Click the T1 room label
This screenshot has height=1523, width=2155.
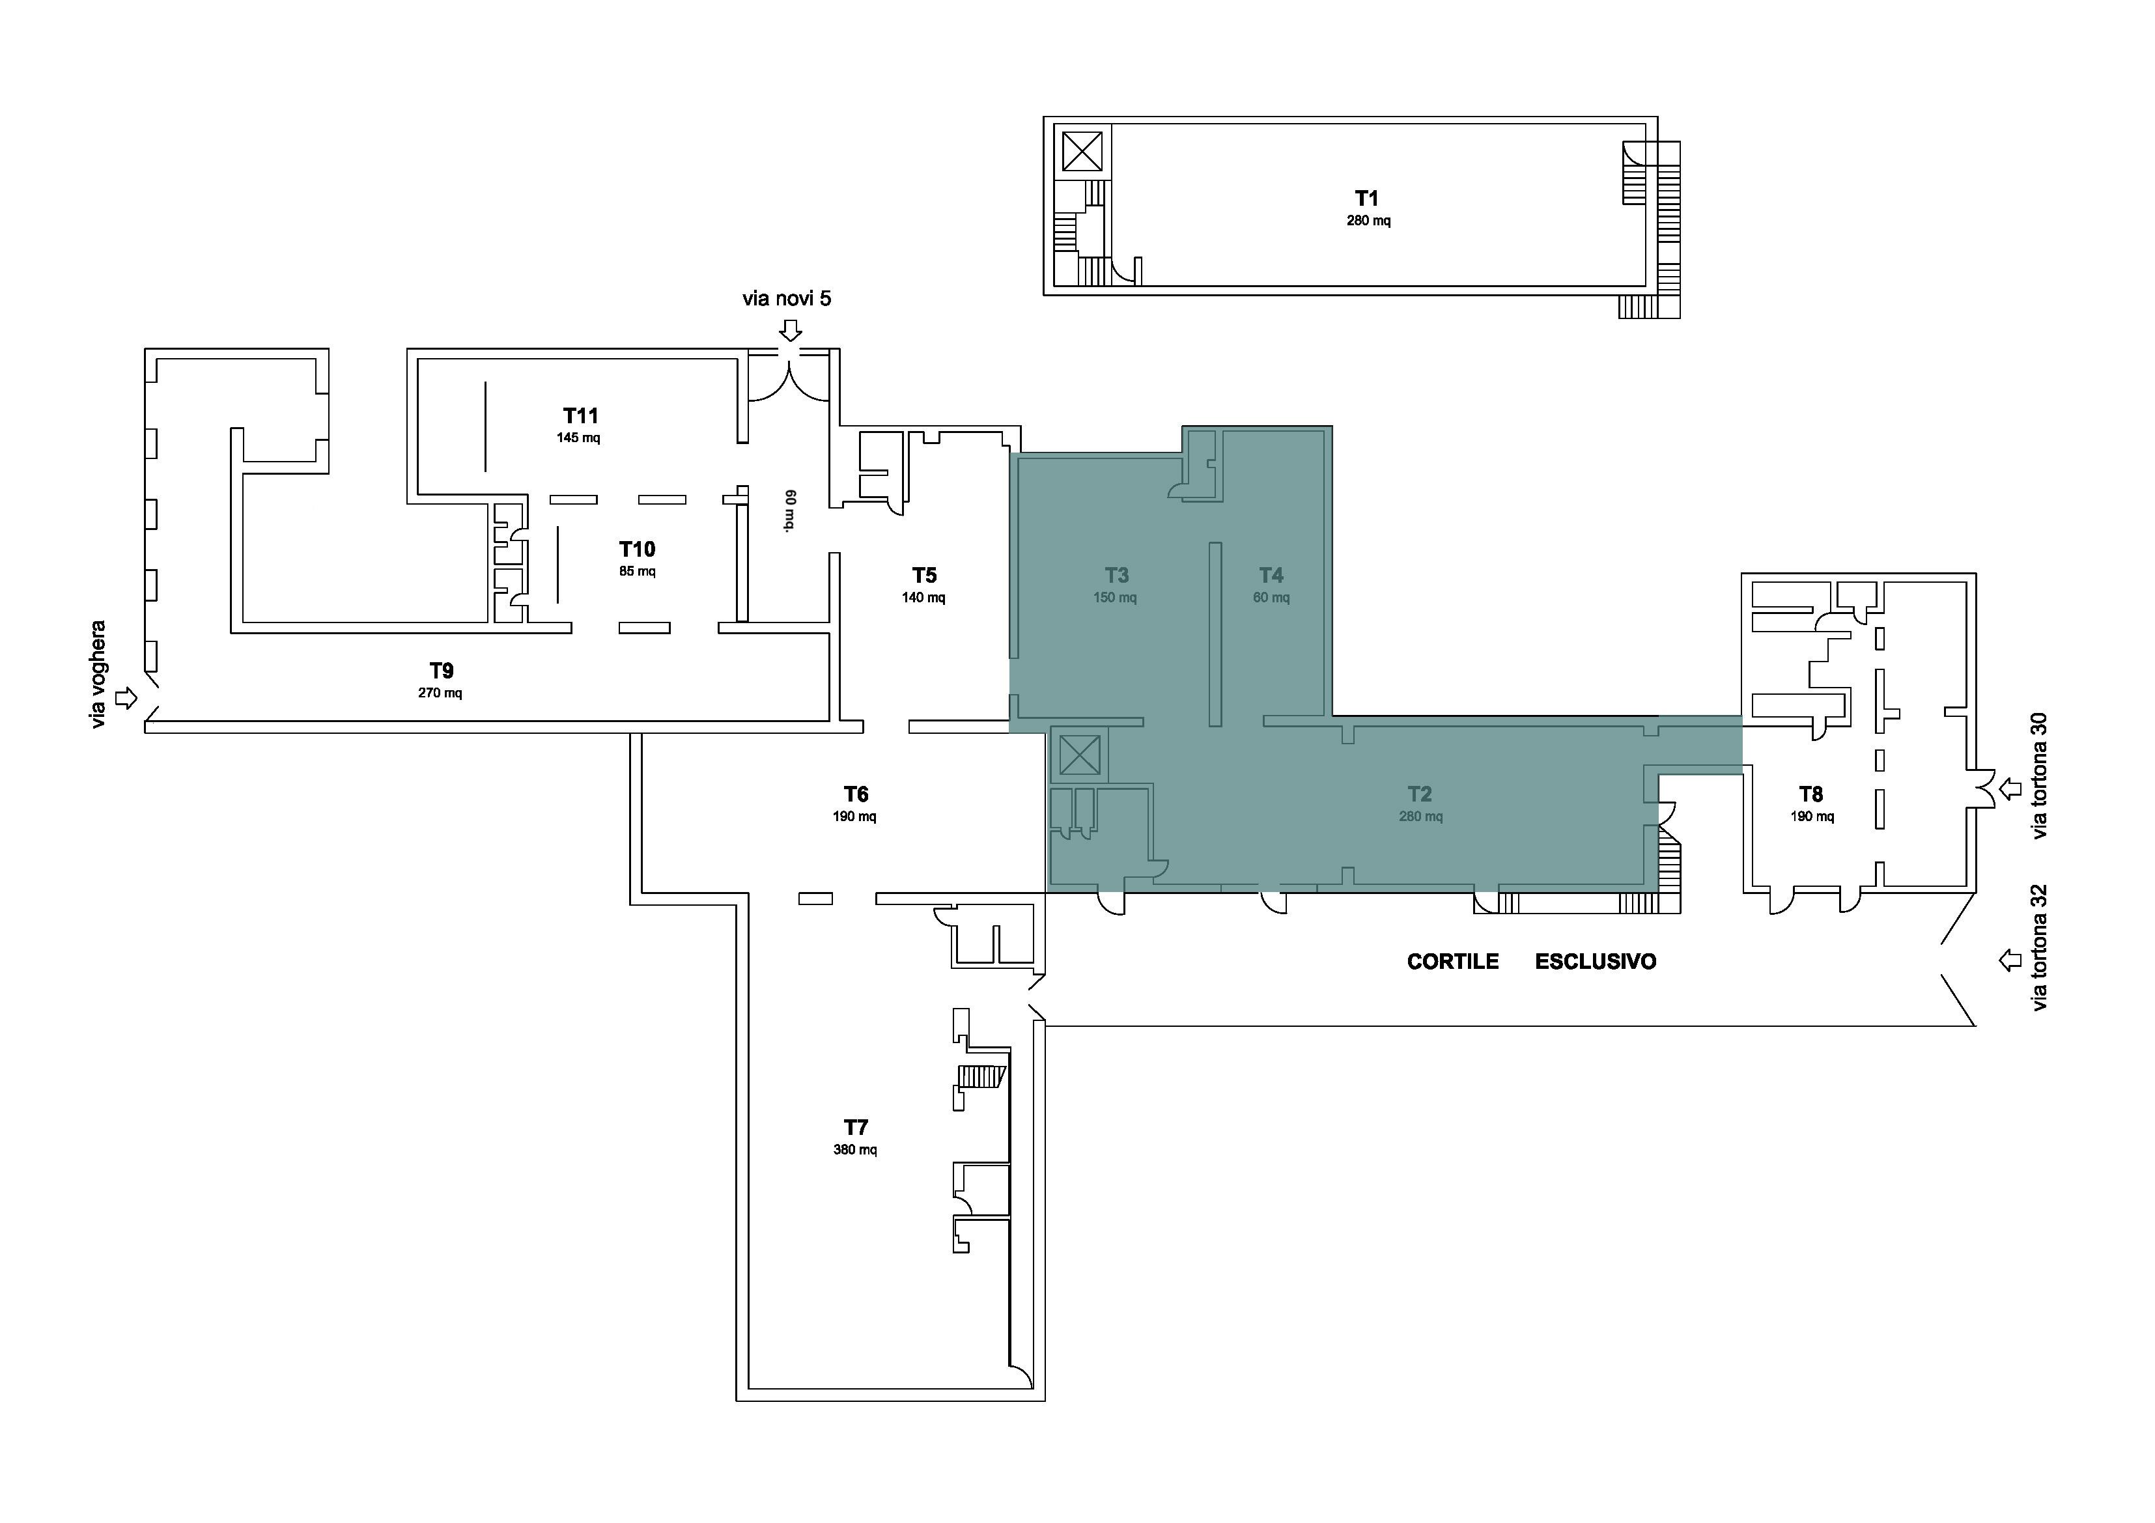coord(1366,198)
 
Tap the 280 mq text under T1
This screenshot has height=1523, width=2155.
coord(1368,221)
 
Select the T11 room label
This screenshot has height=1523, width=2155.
coord(581,415)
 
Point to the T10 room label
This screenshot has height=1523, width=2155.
coord(638,549)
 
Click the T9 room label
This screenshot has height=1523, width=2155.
coord(441,670)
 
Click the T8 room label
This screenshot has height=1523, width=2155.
coord(1810,794)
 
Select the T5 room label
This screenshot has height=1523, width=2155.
coord(925,574)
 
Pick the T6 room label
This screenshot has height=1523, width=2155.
coord(855,794)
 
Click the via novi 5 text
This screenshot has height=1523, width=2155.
coord(787,298)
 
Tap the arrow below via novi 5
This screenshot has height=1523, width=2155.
coord(791,330)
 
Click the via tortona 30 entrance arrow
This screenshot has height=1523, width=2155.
coord(2010,789)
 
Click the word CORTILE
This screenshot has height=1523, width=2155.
coord(1453,962)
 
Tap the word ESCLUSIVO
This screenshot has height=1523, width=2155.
coord(1596,962)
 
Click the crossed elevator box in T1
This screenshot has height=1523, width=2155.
coord(1082,151)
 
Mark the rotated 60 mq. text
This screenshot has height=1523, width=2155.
coord(790,510)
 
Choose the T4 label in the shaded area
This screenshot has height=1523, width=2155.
coord(1271,574)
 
